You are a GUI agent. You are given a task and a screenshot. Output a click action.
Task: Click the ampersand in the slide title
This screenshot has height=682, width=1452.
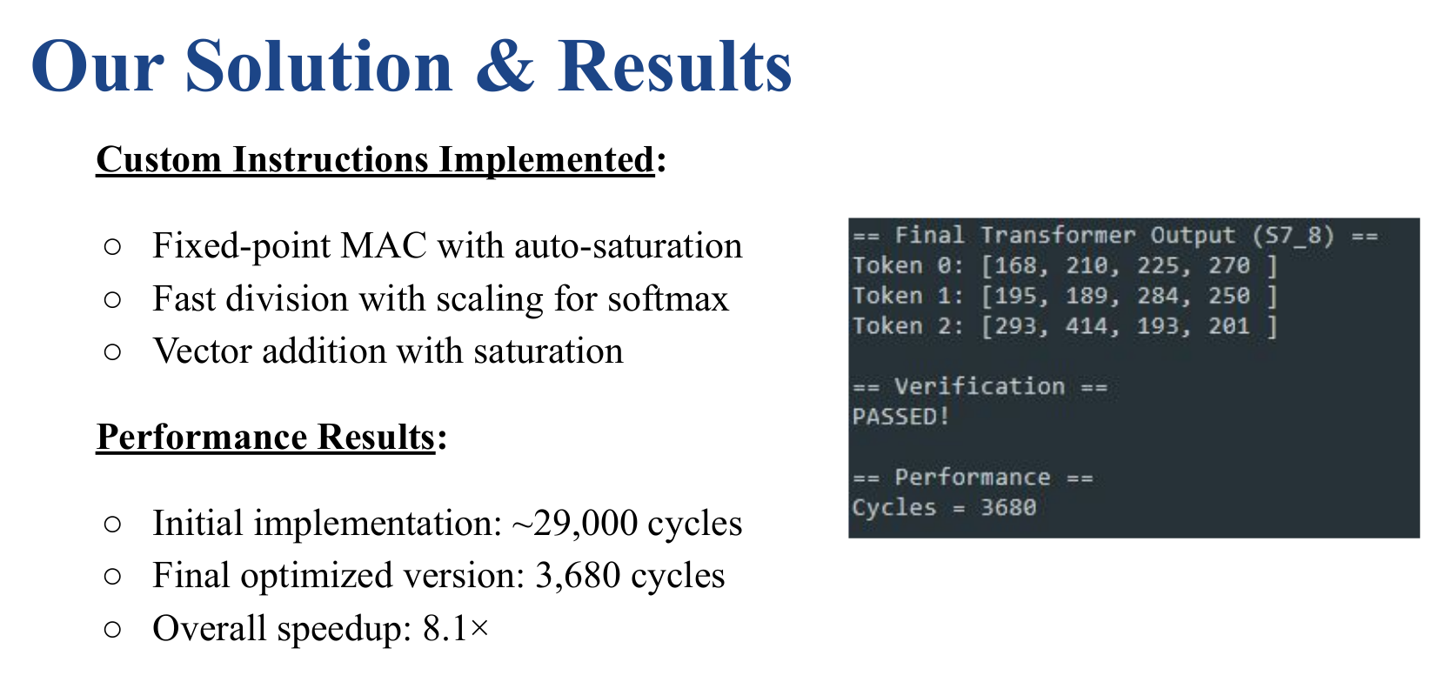pyautogui.click(x=505, y=66)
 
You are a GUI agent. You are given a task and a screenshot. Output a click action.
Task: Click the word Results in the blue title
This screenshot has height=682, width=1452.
pyautogui.click(x=674, y=66)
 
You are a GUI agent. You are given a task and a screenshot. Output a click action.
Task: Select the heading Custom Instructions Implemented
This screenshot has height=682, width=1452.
pyautogui.click(x=375, y=159)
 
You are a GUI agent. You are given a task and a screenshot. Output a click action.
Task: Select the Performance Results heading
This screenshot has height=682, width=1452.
pyautogui.click(x=265, y=437)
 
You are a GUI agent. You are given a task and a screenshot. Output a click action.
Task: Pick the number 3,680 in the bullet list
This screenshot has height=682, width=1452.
pyautogui.click(x=577, y=575)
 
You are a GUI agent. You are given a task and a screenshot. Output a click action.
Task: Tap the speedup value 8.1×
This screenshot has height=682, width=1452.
pyautogui.click(x=456, y=628)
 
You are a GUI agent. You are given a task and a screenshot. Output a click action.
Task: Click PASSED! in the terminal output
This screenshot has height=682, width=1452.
pyautogui.click(x=900, y=417)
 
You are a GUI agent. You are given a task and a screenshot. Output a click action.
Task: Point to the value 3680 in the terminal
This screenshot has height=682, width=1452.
pyautogui.click(x=1008, y=507)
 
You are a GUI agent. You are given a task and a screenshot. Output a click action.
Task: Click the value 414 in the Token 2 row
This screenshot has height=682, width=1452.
pyautogui.click(x=1087, y=326)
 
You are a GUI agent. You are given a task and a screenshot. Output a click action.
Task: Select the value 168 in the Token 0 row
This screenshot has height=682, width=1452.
pyautogui.click(x=1015, y=265)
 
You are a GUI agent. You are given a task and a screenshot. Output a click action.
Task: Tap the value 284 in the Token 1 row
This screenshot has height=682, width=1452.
pyautogui.click(x=1158, y=296)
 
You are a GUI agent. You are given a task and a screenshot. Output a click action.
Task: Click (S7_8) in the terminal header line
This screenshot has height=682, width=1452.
pyautogui.click(x=1293, y=236)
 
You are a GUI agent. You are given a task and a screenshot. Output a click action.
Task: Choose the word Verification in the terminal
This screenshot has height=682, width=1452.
pyautogui.click(x=979, y=386)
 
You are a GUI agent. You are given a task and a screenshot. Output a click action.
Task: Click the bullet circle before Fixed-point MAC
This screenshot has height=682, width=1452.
pyautogui.click(x=112, y=246)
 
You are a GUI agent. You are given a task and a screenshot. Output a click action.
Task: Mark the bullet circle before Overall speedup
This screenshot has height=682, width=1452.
pyautogui.click(x=112, y=629)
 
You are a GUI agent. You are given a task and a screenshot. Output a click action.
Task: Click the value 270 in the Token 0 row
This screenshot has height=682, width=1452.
pyautogui.click(x=1228, y=265)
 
